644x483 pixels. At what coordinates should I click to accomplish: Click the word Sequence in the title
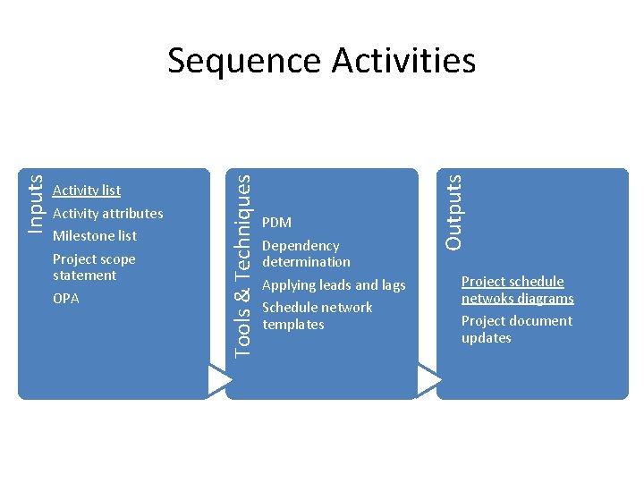(x=243, y=62)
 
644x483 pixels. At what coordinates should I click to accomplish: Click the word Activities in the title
(x=403, y=61)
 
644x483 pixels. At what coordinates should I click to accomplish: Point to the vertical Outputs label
(x=453, y=211)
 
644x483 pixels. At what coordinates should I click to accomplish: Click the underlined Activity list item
(x=87, y=191)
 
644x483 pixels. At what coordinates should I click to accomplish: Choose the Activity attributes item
(x=107, y=214)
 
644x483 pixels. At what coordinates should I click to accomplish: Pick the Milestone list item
(x=95, y=236)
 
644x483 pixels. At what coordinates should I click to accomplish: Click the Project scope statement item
(x=94, y=267)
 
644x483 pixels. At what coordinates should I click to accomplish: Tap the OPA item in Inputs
(x=66, y=299)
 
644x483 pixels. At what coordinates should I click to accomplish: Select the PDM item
(x=276, y=223)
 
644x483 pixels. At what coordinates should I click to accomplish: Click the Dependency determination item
(x=306, y=254)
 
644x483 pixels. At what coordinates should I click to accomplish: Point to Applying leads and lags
(x=333, y=285)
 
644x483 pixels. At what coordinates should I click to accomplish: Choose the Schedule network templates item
(x=317, y=316)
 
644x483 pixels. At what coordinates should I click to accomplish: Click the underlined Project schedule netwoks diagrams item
(x=517, y=291)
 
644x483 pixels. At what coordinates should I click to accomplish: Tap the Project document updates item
(x=516, y=329)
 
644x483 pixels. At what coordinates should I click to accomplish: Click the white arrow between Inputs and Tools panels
(x=219, y=382)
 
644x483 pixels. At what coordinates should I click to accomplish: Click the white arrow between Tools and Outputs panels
(x=428, y=382)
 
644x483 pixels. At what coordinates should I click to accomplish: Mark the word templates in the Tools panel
(x=293, y=325)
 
